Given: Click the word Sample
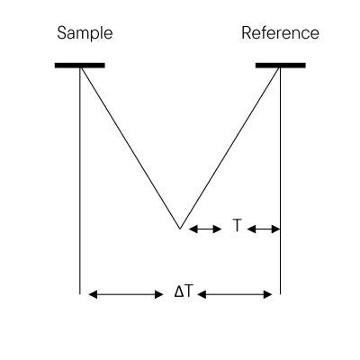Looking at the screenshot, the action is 85,33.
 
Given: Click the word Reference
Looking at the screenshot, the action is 280,33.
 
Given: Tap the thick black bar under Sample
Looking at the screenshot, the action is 80,66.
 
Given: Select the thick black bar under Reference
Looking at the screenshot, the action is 281,66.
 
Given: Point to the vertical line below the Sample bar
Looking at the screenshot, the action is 80,181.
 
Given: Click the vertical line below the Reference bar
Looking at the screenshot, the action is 281,181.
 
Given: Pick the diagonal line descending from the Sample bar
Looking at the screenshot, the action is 130,148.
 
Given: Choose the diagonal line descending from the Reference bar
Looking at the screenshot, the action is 229,148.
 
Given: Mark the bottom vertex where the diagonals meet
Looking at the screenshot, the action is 180,229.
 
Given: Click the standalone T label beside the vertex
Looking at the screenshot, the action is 237,225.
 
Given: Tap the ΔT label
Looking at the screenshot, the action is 183,292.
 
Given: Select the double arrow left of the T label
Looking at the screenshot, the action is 205,229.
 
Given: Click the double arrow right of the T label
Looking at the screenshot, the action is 264,229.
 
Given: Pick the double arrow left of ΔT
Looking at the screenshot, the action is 126,294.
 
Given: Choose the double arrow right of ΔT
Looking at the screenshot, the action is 235,294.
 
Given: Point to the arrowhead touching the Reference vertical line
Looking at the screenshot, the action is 276,229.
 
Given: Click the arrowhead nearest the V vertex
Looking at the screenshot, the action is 193,229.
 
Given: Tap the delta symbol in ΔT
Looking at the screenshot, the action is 179,292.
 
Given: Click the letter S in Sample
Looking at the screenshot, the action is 62,33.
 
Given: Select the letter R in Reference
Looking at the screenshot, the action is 247,33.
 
